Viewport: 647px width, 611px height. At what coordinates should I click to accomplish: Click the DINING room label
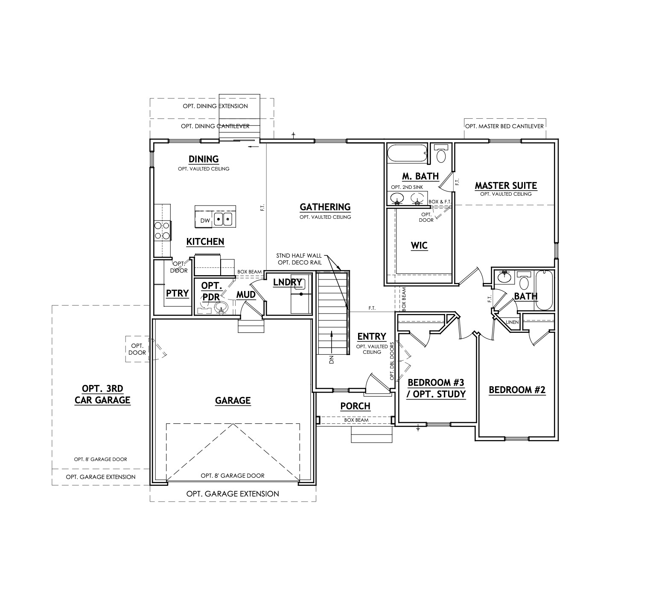204,159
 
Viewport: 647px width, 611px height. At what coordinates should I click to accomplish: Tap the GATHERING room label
325,207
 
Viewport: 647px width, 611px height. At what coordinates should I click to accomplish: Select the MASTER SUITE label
506,186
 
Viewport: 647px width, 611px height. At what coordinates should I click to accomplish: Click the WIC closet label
419,246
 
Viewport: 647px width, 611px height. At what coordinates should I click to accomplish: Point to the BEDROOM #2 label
517,390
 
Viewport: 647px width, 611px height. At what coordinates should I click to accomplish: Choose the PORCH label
355,406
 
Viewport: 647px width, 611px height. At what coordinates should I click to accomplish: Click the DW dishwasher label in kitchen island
205,221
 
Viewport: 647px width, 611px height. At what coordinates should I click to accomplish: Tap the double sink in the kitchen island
223,220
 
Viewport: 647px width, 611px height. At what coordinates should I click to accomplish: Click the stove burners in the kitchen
162,230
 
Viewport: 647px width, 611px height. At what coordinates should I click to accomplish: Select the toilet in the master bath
441,154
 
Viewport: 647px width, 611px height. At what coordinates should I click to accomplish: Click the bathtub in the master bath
407,154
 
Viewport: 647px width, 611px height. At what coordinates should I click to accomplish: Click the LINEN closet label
512,322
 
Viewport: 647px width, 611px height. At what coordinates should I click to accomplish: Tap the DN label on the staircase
331,360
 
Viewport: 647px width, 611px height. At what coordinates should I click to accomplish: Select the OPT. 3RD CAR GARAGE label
102,394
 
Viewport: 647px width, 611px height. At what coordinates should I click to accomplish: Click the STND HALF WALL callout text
299,256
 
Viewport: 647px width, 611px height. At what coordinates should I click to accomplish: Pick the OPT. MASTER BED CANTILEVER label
504,126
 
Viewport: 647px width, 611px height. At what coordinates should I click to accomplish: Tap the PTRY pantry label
177,294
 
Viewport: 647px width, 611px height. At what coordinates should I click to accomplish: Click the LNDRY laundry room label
287,282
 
